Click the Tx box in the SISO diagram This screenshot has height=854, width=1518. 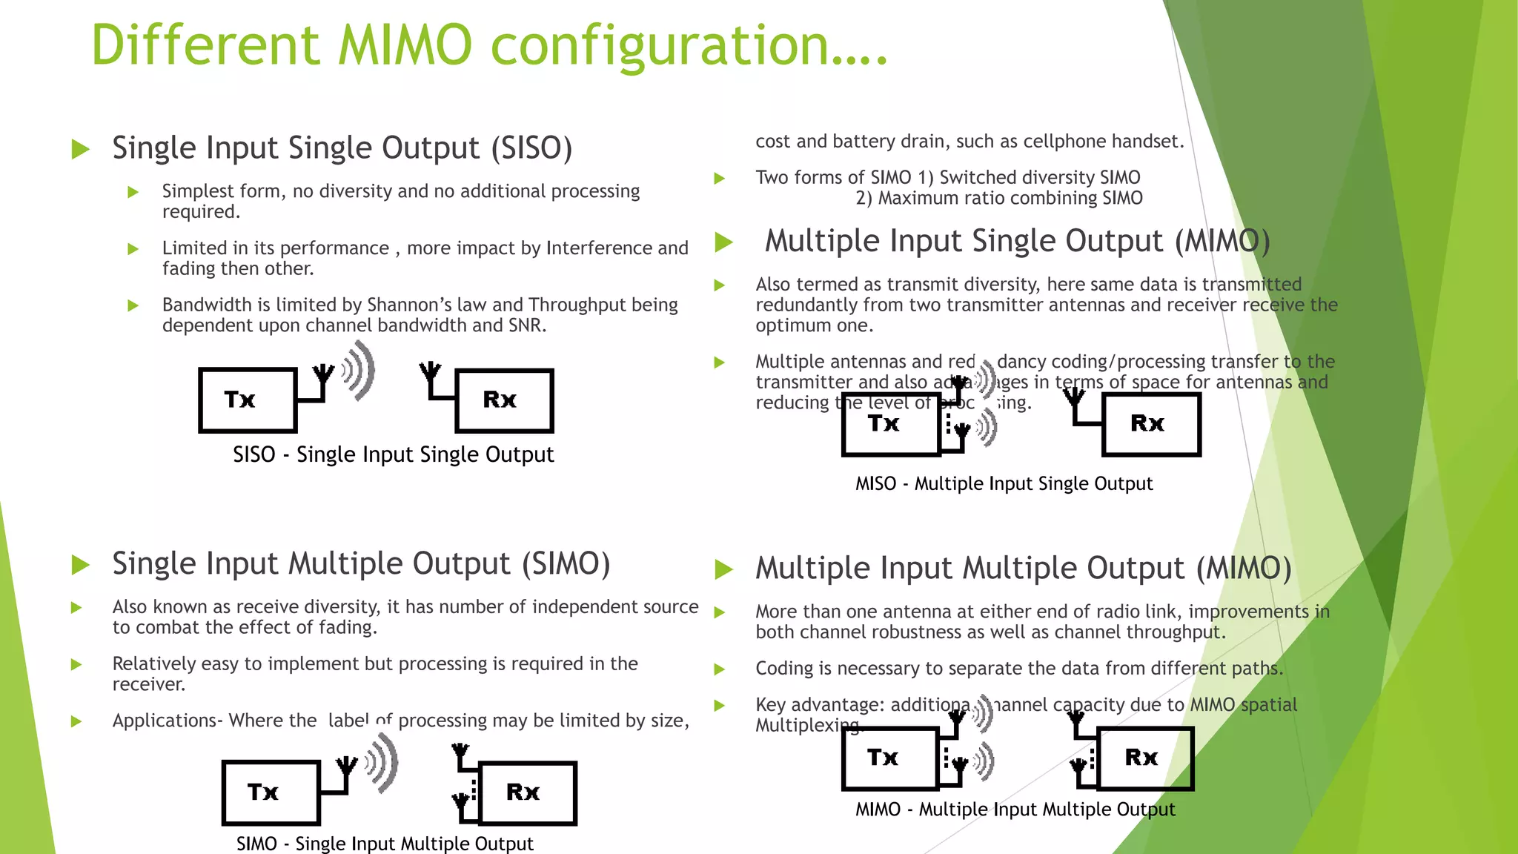click(x=248, y=400)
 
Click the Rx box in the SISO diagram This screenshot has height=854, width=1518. click(x=504, y=400)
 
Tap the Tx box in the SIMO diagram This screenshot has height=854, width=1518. click(x=271, y=792)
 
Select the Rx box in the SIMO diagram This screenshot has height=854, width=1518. click(x=528, y=792)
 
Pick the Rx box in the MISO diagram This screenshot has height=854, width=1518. click(x=1151, y=424)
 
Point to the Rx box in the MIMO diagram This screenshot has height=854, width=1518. click(x=1144, y=758)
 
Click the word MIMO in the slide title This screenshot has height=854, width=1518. click(x=405, y=46)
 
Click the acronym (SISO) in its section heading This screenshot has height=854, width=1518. click(x=531, y=148)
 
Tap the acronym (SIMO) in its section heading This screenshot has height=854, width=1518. click(x=566, y=564)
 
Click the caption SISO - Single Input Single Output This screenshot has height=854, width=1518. click(x=393, y=454)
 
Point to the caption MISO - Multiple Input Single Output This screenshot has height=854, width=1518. click(x=1004, y=484)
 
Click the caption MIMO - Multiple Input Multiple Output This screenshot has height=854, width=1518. click(x=1015, y=810)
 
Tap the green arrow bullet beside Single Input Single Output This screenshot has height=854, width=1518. click(x=80, y=149)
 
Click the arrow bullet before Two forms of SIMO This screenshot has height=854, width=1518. click(x=719, y=179)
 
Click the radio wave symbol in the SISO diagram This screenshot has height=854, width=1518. click(x=360, y=371)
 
